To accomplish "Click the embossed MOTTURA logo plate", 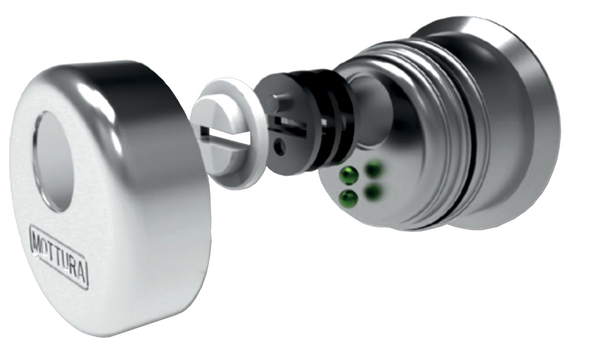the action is click(x=59, y=257).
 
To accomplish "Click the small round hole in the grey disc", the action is click(x=280, y=147).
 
